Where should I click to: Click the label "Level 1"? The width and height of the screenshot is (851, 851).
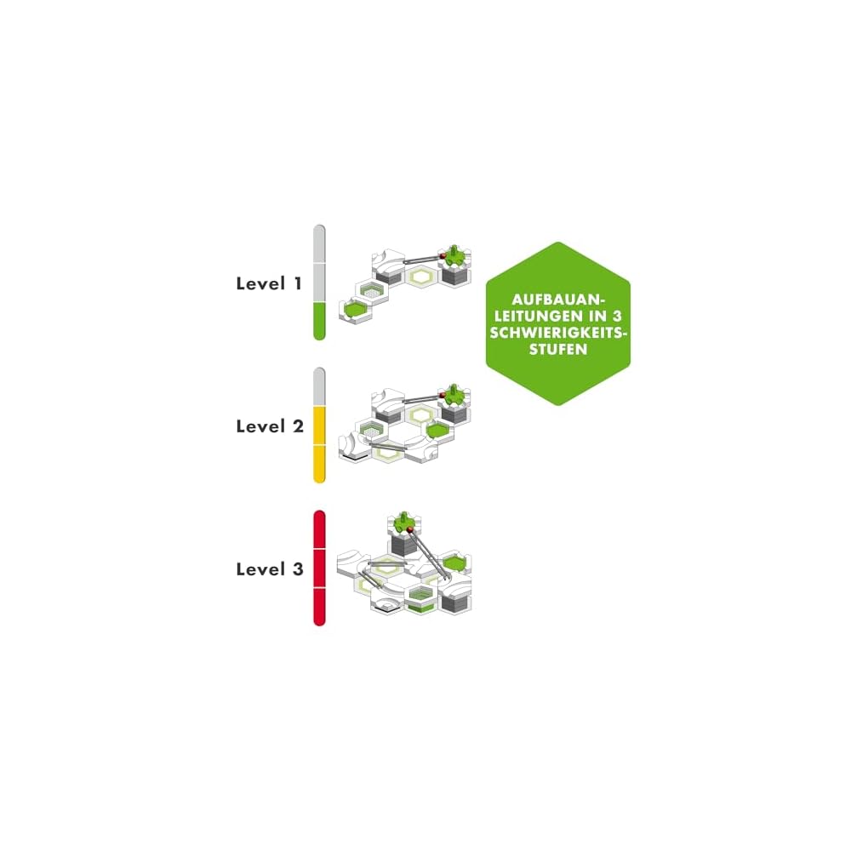pyautogui.click(x=269, y=283)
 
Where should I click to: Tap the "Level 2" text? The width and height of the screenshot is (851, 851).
pyautogui.click(x=269, y=426)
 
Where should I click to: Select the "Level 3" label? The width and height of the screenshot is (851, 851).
pyautogui.click(x=269, y=569)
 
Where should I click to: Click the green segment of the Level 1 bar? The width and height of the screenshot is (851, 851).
pyautogui.click(x=319, y=321)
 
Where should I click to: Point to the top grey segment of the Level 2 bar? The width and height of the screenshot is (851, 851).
pyautogui.click(x=319, y=386)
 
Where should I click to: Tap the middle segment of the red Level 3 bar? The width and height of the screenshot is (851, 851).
pyautogui.click(x=319, y=568)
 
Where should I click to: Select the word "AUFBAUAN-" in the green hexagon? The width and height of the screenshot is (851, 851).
pyautogui.click(x=558, y=300)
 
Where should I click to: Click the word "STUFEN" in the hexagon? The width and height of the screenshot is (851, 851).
pyautogui.click(x=558, y=349)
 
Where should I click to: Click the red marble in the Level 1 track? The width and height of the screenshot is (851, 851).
pyautogui.click(x=443, y=254)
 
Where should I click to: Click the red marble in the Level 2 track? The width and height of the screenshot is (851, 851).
pyautogui.click(x=443, y=396)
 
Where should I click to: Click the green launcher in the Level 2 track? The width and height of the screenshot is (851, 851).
pyautogui.click(x=457, y=394)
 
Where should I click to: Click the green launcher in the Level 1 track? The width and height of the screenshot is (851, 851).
pyautogui.click(x=458, y=252)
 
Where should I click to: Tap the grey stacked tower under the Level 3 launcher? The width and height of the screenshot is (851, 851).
pyautogui.click(x=402, y=549)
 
